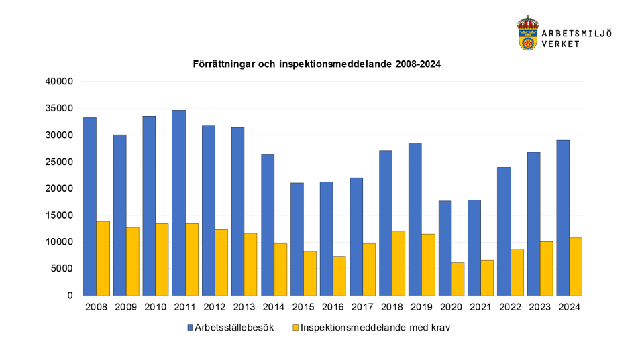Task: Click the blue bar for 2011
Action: (x=178, y=202)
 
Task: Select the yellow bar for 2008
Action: (x=103, y=258)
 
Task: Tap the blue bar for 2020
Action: (x=444, y=248)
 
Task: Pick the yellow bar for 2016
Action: (x=339, y=276)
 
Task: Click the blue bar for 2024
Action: (x=563, y=218)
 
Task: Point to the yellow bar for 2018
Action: (x=398, y=263)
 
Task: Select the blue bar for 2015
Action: (x=297, y=239)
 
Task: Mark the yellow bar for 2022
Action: (x=517, y=272)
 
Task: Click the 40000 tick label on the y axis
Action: (x=58, y=82)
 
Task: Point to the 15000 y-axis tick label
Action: (x=58, y=215)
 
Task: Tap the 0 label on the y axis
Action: (x=69, y=296)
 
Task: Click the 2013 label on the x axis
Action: (x=244, y=307)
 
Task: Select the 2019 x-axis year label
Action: (x=421, y=307)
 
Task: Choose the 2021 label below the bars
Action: (x=480, y=307)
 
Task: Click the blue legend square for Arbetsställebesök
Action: (x=189, y=328)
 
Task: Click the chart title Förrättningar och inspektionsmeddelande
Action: (x=317, y=65)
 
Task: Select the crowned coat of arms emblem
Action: (x=528, y=34)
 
